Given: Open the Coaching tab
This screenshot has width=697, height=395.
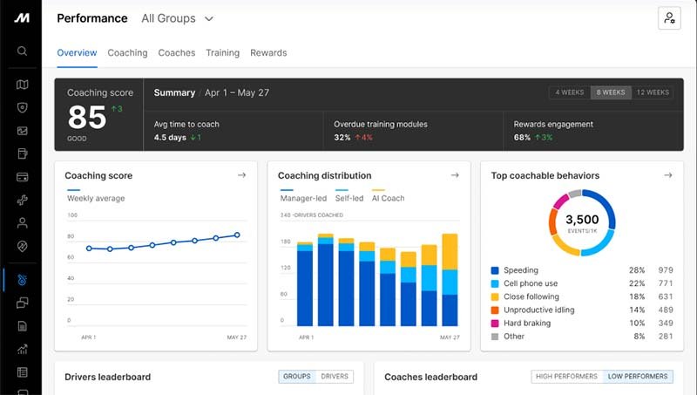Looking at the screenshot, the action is point(127,53).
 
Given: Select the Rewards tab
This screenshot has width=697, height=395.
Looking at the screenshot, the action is point(268,53).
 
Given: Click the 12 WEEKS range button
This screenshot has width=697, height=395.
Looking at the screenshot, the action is point(653,92).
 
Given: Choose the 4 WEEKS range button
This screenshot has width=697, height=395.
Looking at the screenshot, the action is point(570,92).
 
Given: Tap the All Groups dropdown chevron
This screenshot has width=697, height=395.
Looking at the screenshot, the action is point(209,18).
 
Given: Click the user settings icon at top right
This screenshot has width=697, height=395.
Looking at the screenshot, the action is point(669,18).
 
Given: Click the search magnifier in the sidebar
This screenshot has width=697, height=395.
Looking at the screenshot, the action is point(23,51).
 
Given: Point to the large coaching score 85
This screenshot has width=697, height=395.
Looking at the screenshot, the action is point(87,118).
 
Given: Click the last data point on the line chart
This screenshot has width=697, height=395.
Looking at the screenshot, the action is point(237,235).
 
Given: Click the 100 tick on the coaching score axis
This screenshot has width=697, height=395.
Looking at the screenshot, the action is point(72,215).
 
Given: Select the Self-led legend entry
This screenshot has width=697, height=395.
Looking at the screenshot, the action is point(349,199).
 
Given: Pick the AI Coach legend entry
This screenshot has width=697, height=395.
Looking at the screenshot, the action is point(388,199).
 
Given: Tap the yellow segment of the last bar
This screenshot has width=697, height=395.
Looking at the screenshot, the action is point(450,252).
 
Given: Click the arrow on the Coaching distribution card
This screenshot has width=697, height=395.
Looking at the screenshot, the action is point(455,175).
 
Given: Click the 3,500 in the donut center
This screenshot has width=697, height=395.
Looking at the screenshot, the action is point(582,219).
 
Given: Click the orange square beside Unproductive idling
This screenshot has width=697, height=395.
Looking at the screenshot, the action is point(495,310).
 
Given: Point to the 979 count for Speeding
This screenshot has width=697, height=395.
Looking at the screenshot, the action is point(666,270).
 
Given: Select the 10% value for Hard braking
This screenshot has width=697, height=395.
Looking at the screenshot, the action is point(637,323).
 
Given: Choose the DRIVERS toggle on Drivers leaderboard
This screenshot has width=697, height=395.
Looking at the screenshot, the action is point(335,377).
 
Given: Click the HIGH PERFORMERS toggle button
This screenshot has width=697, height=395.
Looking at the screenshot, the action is point(567,377).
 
